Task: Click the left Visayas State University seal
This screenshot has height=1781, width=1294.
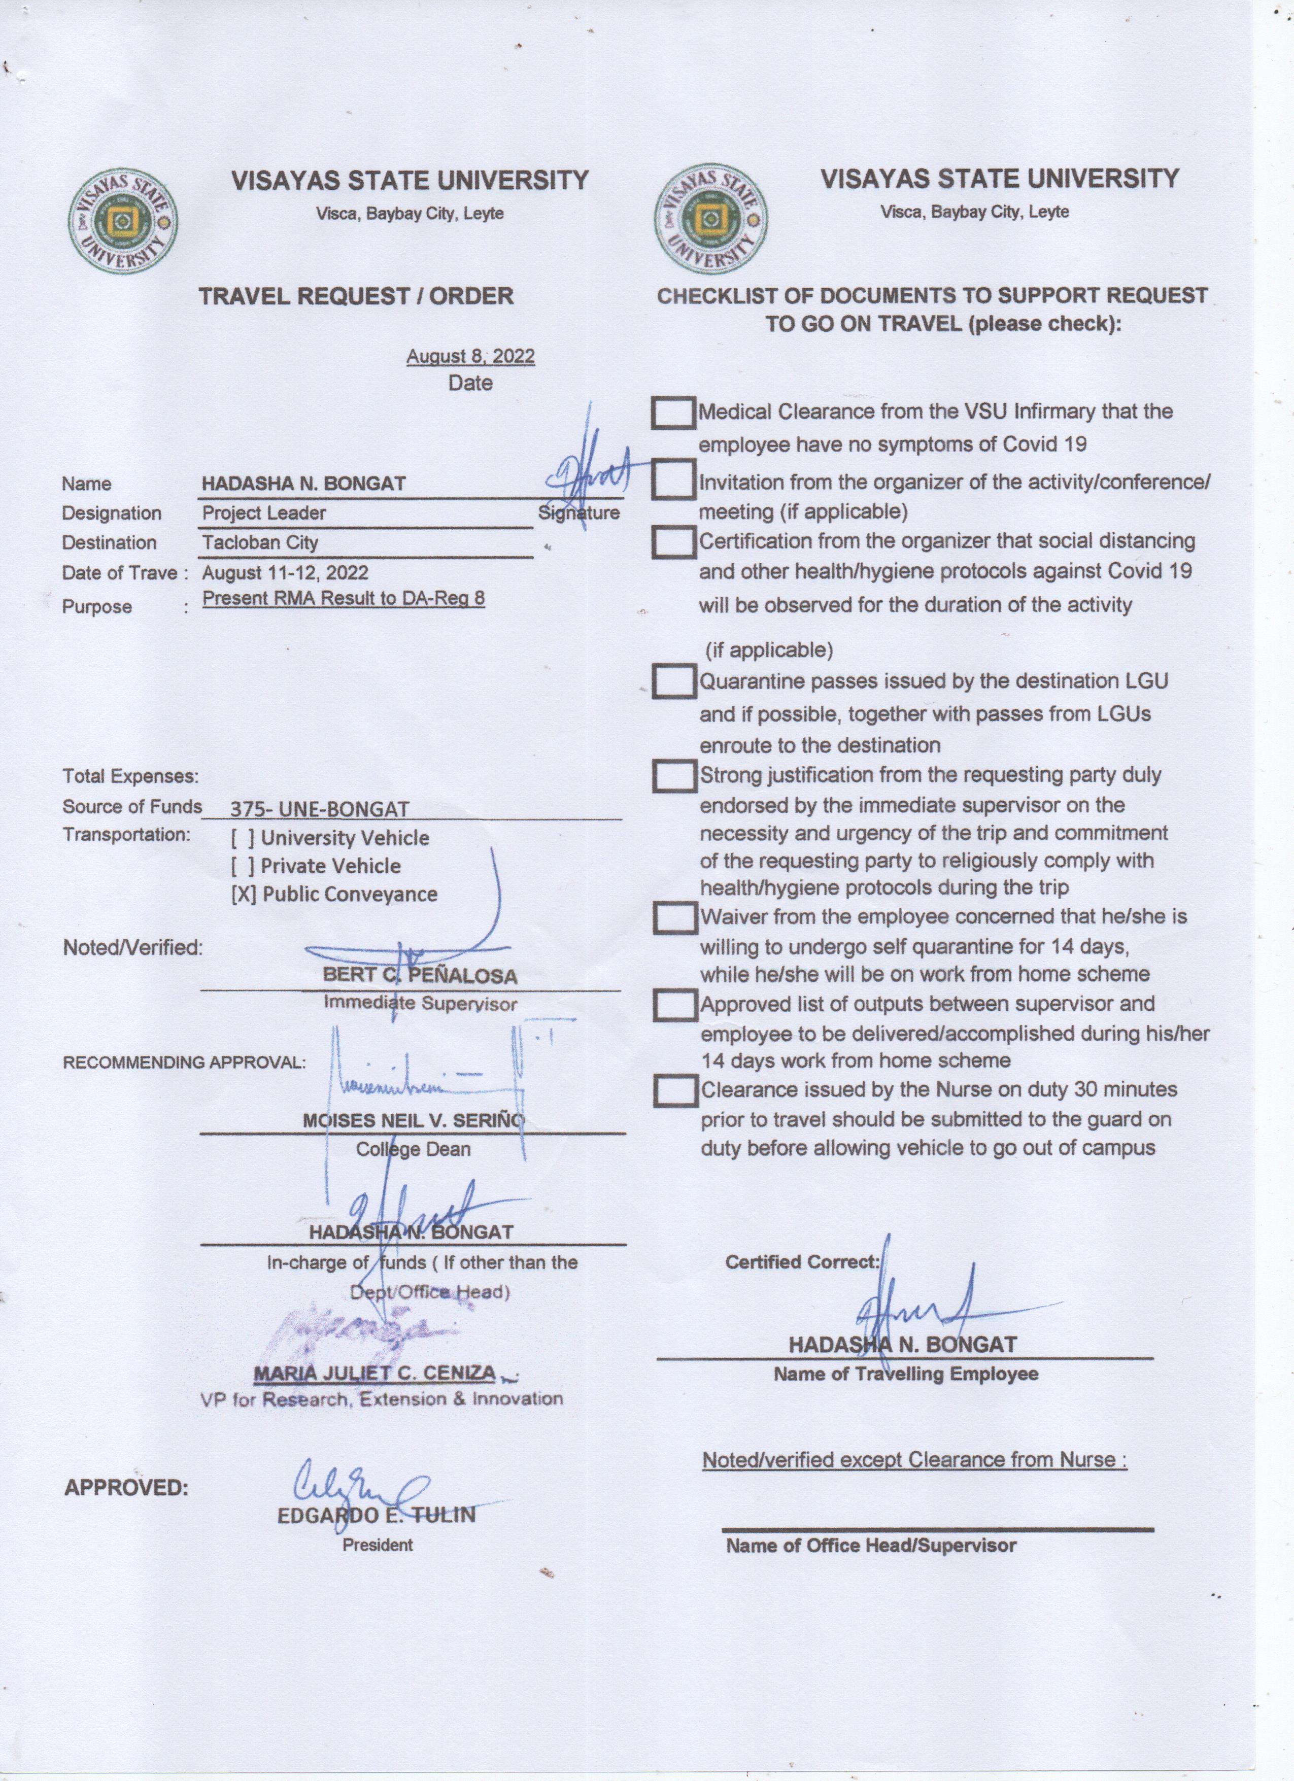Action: click(x=122, y=222)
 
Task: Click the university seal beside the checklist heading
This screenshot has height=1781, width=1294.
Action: click(x=710, y=219)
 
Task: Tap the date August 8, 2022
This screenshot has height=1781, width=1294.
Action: click(x=470, y=357)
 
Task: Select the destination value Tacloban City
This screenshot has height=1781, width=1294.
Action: click(x=260, y=542)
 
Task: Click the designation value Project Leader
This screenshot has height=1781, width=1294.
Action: click(x=264, y=513)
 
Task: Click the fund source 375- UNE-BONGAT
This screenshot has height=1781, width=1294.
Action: click(x=320, y=809)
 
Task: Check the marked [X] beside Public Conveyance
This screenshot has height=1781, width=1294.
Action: click(x=244, y=895)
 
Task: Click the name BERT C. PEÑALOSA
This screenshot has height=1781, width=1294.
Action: click(x=420, y=976)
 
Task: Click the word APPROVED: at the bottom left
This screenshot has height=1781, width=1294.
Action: click(x=126, y=1487)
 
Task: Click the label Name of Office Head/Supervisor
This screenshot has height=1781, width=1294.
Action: click(x=871, y=1546)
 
